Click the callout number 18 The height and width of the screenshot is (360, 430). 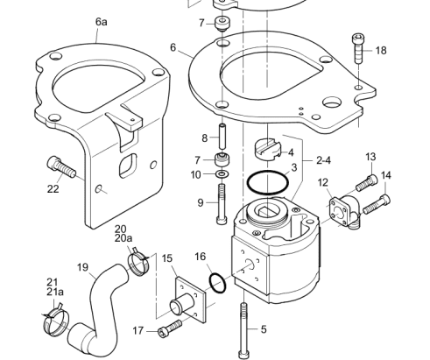381,51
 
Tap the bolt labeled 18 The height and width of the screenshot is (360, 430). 358,48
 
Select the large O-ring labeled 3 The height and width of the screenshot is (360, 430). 268,182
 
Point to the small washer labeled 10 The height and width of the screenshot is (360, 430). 222,174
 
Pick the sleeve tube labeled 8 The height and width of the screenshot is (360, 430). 222,137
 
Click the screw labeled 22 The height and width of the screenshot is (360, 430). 61,167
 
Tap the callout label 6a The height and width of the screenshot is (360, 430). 102,22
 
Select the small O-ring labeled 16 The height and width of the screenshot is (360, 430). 218,283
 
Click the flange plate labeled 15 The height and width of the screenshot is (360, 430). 190,300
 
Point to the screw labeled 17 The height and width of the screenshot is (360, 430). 170,328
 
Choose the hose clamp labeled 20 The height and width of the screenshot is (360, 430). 139,261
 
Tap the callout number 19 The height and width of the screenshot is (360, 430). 82,267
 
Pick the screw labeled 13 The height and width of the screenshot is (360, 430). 367,182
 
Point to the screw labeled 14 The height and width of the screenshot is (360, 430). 377,204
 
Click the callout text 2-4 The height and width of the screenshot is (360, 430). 323,160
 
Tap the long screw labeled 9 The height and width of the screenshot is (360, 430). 222,204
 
